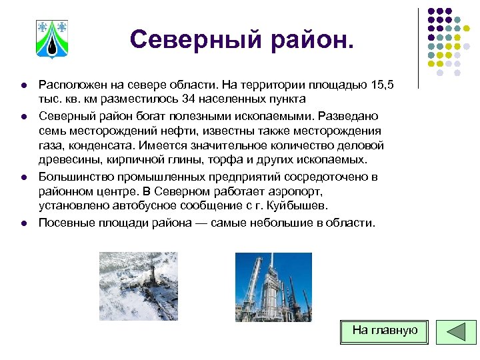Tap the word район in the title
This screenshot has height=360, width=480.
(304, 39)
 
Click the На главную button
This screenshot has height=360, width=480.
(384, 330)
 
